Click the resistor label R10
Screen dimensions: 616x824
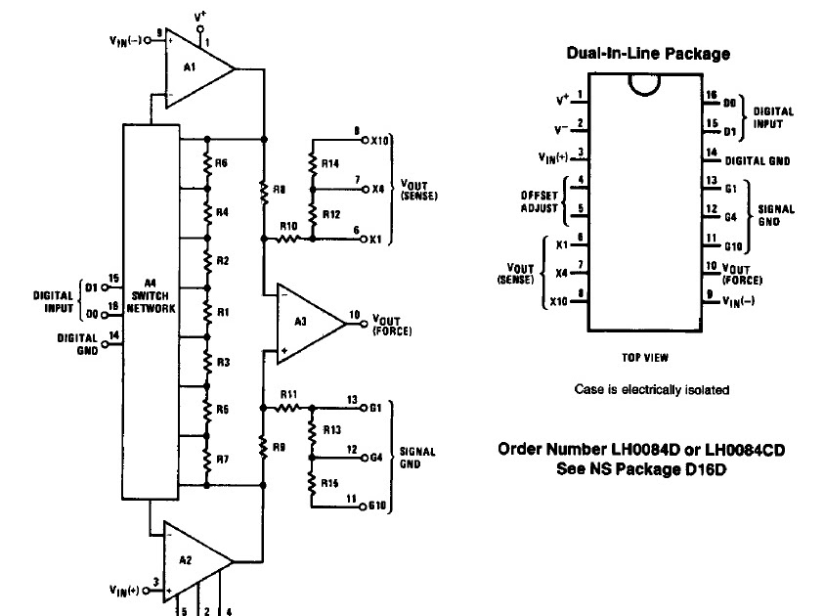pyautogui.click(x=286, y=226)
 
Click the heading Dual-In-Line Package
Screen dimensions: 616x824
pyautogui.click(x=647, y=53)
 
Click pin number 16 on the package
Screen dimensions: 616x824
pyautogui.click(x=711, y=96)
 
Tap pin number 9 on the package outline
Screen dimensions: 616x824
pyautogui.click(x=711, y=294)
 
